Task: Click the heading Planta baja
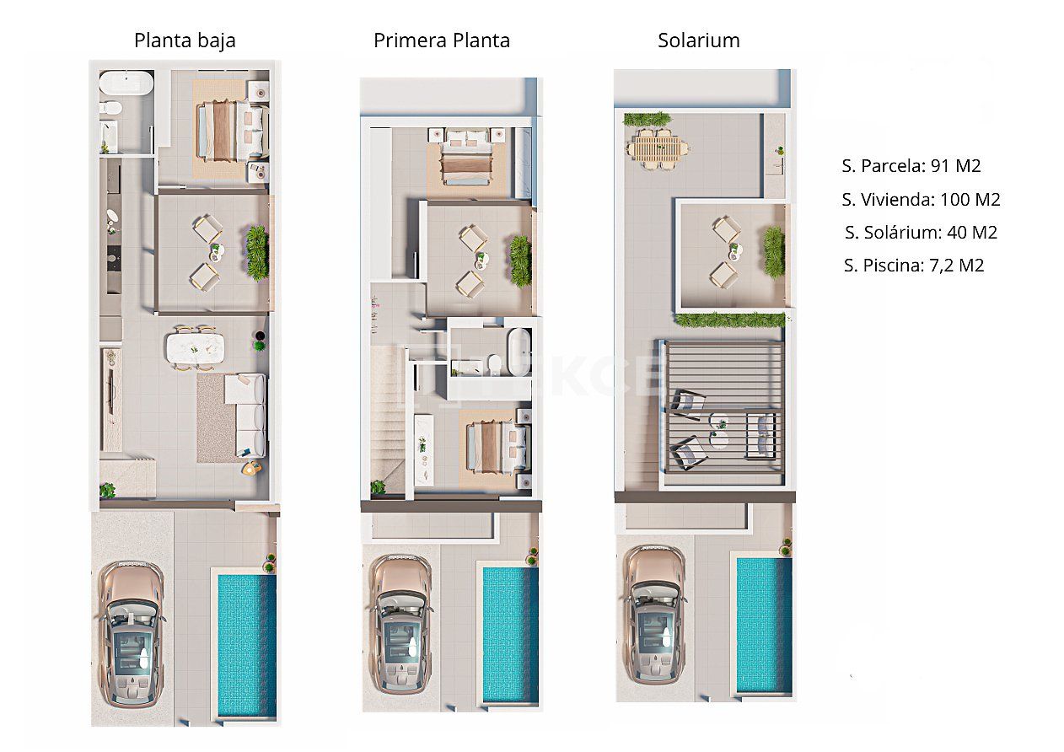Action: pos(185,40)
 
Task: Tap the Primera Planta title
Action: pos(442,40)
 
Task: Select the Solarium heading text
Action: pos(698,40)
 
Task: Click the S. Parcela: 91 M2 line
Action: pos(911,166)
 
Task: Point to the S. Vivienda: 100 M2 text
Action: pos(921,200)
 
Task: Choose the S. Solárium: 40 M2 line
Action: pos(921,233)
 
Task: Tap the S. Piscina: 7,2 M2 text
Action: pos(913,266)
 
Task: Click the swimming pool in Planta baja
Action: pos(246,645)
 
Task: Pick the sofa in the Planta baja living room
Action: pos(247,415)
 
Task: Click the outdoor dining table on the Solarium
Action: pos(657,149)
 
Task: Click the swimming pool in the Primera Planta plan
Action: pos(509,633)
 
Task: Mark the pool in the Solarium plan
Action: pos(764,624)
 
